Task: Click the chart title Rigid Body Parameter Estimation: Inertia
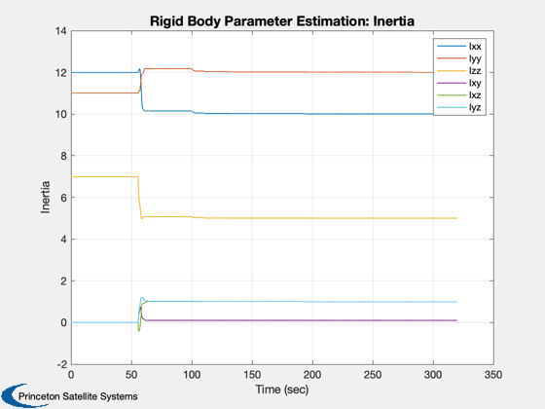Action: (282, 21)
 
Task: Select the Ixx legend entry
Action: (459, 47)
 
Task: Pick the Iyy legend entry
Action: (459, 58)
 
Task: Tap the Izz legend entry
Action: (459, 70)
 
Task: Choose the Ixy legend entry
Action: (459, 83)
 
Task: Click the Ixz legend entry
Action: (459, 95)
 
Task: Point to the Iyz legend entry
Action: (459, 107)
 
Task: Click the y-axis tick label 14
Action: (60, 31)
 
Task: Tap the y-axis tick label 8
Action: (63, 156)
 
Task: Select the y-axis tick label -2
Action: (62, 364)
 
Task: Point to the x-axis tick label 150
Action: (252, 375)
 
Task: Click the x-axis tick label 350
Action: (493, 375)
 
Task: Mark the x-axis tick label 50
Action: (131, 375)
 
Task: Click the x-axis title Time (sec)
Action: (282, 390)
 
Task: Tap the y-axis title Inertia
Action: (45, 197)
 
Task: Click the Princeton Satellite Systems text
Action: (78, 396)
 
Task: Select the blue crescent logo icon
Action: (14, 395)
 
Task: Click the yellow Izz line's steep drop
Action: (140, 198)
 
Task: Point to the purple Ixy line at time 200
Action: (312, 320)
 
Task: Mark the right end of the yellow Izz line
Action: (456, 218)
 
